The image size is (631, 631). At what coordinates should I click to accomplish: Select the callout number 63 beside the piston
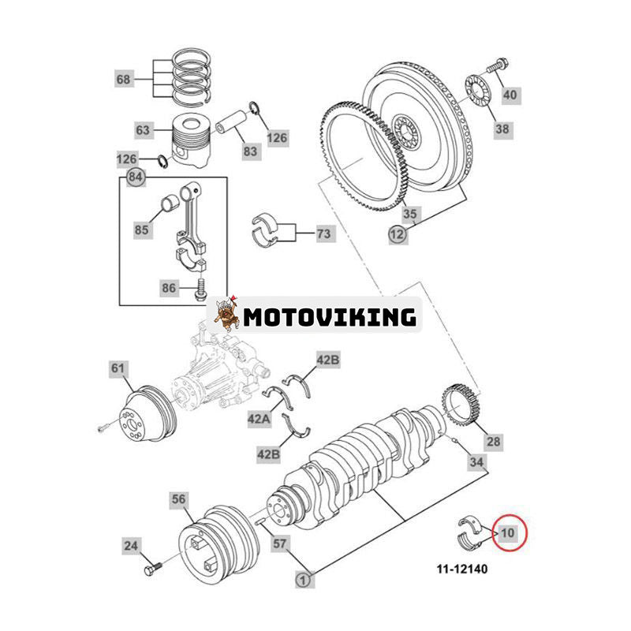(x=142, y=129)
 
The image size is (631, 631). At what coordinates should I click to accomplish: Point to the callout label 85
(x=142, y=230)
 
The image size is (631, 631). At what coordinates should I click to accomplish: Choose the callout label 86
(x=170, y=289)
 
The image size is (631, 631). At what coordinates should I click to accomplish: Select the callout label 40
(x=510, y=95)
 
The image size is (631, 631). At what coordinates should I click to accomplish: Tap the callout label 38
(x=503, y=129)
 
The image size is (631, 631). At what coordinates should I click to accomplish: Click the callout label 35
(x=409, y=214)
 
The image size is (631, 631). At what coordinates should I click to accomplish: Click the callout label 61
(x=118, y=368)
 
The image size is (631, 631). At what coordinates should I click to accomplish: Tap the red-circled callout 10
(x=507, y=532)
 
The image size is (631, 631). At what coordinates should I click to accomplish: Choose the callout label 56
(x=180, y=498)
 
